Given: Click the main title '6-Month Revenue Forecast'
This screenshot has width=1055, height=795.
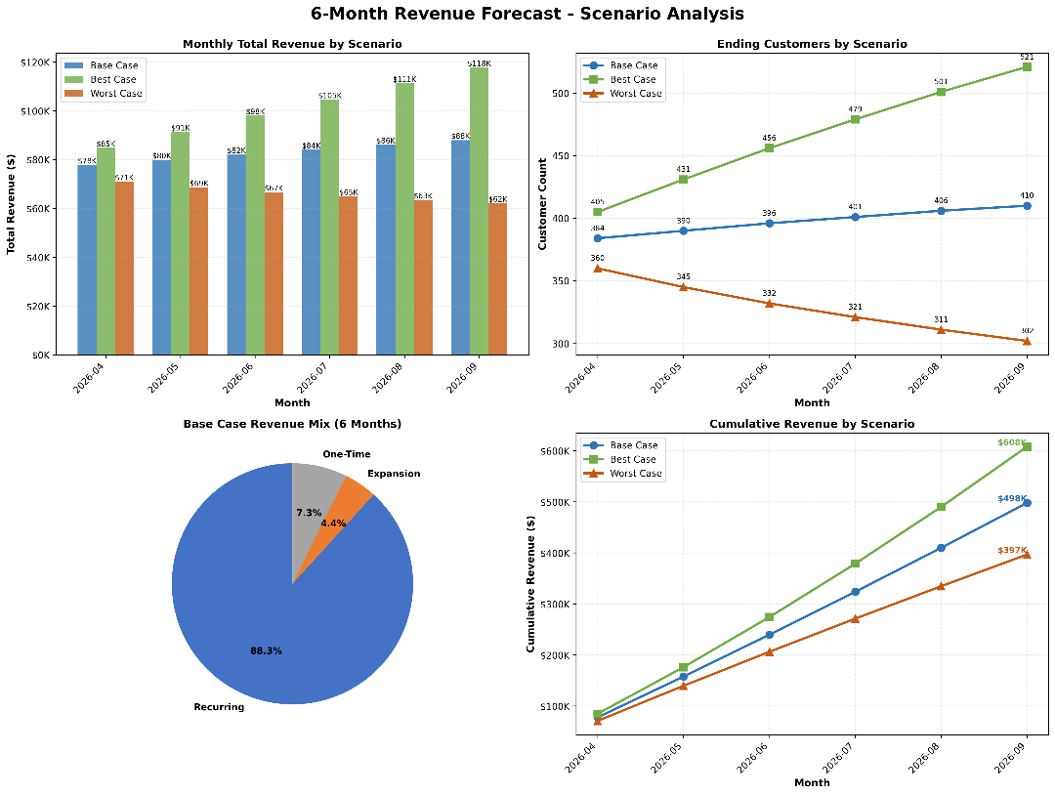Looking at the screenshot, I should click(x=527, y=14).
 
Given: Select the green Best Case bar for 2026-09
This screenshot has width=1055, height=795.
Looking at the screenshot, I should click(x=479, y=210).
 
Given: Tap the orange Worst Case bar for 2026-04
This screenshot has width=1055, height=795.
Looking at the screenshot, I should click(x=124, y=268).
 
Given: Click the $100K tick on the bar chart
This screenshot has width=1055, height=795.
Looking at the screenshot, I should click(x=36, y=111).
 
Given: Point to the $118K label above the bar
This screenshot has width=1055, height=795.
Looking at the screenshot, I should click(x=479, y=63).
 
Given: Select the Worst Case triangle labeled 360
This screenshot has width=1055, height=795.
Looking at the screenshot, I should click(x=598, y=268).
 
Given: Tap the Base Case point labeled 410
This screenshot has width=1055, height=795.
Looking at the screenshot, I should click(x=1027, y=206).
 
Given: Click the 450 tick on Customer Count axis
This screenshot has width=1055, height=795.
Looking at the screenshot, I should click(x=559, y=156).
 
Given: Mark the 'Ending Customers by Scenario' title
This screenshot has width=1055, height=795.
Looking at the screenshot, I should click(x=812, y=44).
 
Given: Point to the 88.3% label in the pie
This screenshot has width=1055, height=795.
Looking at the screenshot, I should click(x=266, y=650).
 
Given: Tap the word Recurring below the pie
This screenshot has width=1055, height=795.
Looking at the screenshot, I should click(x=219, y=707).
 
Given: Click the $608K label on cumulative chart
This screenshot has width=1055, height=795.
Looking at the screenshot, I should click(x=1011, y=442).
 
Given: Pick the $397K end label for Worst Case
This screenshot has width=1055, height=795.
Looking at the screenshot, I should click(x=1011, y=550).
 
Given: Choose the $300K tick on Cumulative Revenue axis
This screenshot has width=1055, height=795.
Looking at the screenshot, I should click(x=556, y=605).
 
